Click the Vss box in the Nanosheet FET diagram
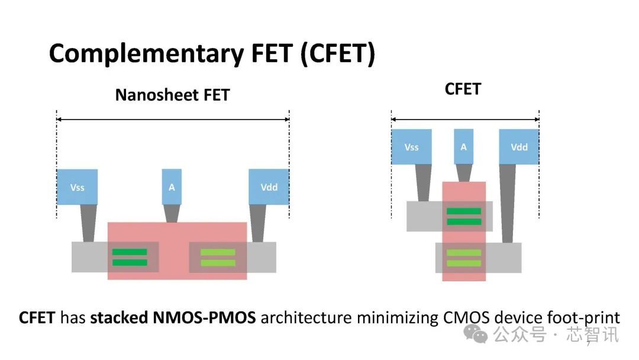(77, 187)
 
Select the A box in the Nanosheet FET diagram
(172, 187)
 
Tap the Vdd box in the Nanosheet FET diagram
(269, 187)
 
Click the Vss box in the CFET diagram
(411, 147)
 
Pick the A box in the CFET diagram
(463, 147)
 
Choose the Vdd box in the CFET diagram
(519, 147)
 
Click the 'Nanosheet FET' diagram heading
(172, 95)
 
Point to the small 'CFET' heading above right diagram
(463, 89)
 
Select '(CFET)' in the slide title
(337, 54)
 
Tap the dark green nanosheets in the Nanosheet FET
(130, 257)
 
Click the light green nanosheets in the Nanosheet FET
(218, 257)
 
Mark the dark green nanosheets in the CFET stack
(463, 216)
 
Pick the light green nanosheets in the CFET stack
(463, 258)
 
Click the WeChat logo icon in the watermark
(476, 334)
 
